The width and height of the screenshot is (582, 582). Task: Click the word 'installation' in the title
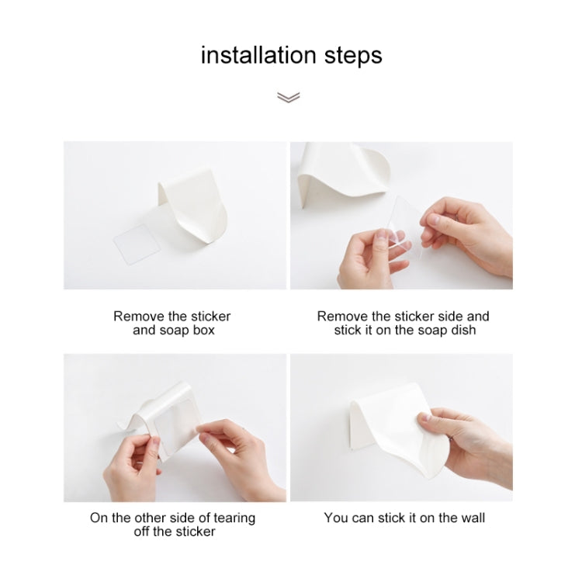click(257, 55)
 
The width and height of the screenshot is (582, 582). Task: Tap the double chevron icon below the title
click(288, 97)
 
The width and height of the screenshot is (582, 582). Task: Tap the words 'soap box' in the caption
click(186, 330)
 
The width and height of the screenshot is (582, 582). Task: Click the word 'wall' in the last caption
click(470, 518)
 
